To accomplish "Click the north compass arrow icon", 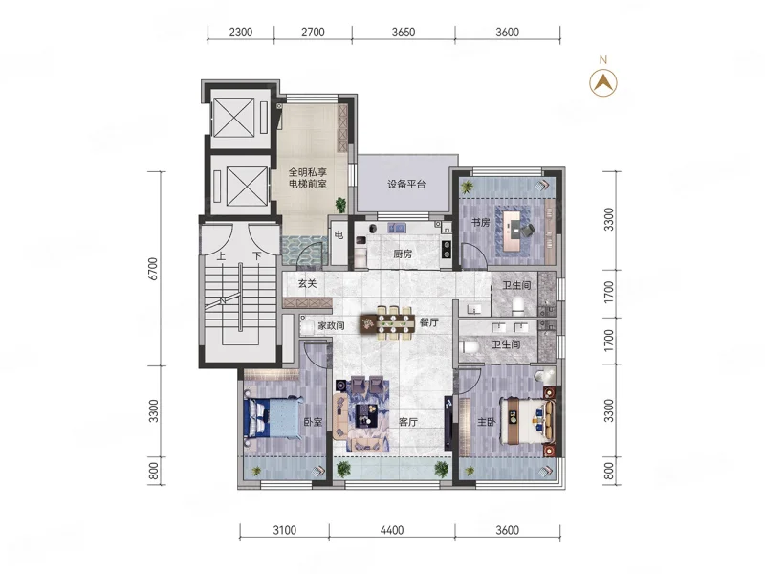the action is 603,83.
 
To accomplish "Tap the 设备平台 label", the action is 406,185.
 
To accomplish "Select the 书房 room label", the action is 480,223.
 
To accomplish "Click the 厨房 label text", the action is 403,254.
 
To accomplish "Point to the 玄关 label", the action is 307,283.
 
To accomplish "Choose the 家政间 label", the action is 331,325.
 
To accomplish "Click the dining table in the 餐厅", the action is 388,322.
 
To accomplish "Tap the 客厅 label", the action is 408,422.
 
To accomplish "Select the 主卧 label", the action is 486,422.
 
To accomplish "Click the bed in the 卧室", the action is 273,418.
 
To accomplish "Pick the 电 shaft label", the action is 339,235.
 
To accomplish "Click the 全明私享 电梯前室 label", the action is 307,178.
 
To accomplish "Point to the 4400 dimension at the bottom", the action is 392,530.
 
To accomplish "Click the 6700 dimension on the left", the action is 153,269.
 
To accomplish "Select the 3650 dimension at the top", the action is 404,33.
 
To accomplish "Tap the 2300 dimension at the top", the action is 241,33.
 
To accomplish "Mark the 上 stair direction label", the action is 221,255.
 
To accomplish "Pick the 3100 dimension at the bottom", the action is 284,530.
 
